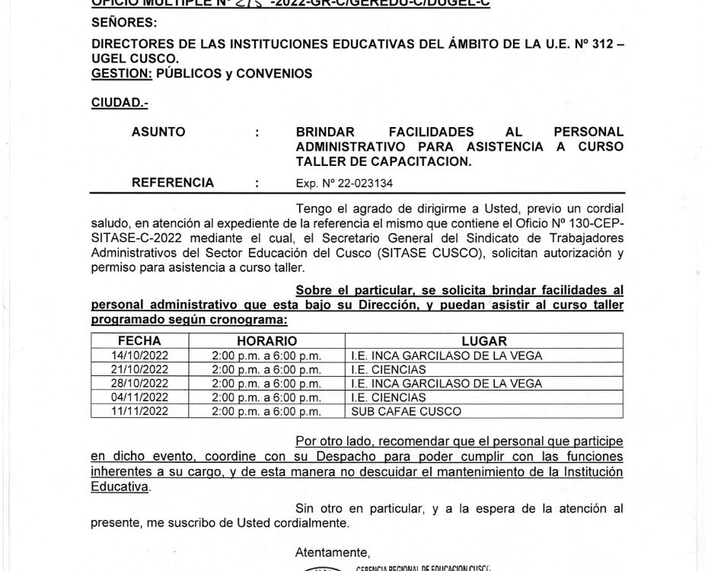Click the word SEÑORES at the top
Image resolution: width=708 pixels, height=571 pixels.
pyautogui.click(x=123, y=22)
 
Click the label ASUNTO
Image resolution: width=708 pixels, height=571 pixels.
pyautogui.click(x=158, y=132)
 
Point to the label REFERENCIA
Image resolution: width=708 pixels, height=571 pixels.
pyautogui.click(x=173, y=183)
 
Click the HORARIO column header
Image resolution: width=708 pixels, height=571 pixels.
pyautogui.click(x=266, y=342)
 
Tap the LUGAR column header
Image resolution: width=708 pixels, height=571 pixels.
pyautogui.click(x=483, y=342)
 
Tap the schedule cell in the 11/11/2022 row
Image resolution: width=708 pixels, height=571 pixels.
pyautogui.click(x=266, y=411)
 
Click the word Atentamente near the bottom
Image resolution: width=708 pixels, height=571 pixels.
pyautogui.click(x=333, y=552)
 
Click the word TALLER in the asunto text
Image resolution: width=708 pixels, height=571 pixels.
pyautogui.click(x=321, y=161)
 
